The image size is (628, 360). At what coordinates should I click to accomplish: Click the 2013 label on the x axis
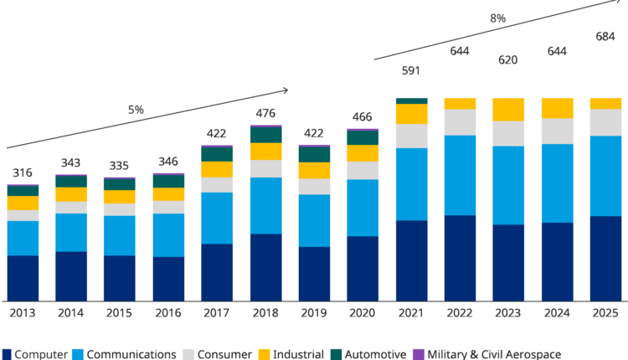coord(23,313)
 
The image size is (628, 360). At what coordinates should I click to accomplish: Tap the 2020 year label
coord(363,313)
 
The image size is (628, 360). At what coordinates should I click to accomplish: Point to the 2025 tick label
coord(605,313)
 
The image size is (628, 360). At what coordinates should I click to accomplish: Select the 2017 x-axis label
coord(217,313)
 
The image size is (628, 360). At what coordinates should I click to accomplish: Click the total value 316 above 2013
coord(23,172)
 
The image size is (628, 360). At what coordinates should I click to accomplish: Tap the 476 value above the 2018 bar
coord(265,114)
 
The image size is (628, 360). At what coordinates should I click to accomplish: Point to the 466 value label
coord(363,116)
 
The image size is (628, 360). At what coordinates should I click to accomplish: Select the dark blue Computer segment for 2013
coord(23,278)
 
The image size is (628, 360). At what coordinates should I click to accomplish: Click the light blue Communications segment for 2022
coord(460,175)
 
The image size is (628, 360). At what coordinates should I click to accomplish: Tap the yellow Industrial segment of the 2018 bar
coord(265,152)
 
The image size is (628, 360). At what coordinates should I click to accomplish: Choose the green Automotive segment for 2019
coord(314,155)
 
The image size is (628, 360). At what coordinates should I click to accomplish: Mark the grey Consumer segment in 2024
coord(557,131)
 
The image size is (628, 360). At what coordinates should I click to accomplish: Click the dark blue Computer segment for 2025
coord(605,258)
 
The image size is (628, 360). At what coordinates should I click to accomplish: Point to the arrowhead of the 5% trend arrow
coord(287,89)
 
